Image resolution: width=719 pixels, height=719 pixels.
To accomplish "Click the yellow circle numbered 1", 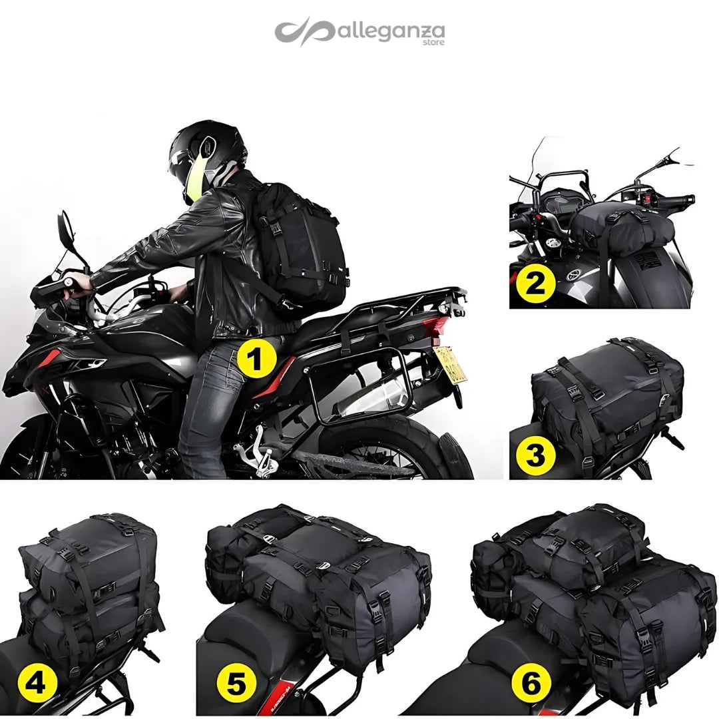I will [256, 359].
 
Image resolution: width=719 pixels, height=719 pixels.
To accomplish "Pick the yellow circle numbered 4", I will [35, 680].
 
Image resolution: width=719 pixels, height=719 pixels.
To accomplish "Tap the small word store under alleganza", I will [433, 43].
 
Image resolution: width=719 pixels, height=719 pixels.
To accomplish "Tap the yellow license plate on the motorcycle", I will [450, 364].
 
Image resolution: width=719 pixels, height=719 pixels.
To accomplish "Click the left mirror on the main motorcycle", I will [67, 230].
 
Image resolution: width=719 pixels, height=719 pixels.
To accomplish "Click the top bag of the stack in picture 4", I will [90, 553].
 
